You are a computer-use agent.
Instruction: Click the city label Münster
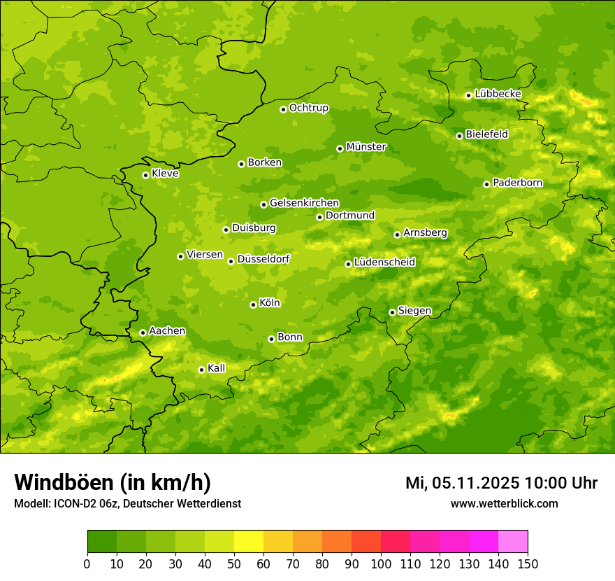click(x=366, y=147)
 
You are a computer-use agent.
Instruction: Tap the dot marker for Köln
click(x=253, y=304)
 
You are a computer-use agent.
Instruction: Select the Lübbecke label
click(x=498, y=94)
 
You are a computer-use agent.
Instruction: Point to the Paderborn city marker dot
click(x=486, y=184)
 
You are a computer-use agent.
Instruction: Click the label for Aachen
click(x=167, y=331)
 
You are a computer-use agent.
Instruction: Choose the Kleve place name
click(x=165, y=174)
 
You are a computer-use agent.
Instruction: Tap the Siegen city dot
click(x=392, y=312)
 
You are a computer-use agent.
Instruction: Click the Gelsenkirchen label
click(x=304, y=203)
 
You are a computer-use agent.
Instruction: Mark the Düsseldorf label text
click(x=263, y=259)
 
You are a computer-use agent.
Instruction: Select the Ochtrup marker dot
click(x=283, y=109)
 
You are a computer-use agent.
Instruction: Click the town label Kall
click(x=216, y=368)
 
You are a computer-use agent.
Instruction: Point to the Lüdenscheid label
click(x=384, y=262)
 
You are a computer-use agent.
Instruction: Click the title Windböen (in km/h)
click(x=112, y=482)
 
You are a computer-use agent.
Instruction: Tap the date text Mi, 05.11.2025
click(x=462, y=483)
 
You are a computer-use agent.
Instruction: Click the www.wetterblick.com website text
click(x=504, y=503)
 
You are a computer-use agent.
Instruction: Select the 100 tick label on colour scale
click(x=381, y=563)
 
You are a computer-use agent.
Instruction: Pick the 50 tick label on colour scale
click(x=234, y=563)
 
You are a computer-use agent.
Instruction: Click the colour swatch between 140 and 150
click(x=513, y=542)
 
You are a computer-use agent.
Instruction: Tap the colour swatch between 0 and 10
click(x=102, y=542)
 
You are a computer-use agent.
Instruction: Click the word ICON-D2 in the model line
click(x=73, y=503)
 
